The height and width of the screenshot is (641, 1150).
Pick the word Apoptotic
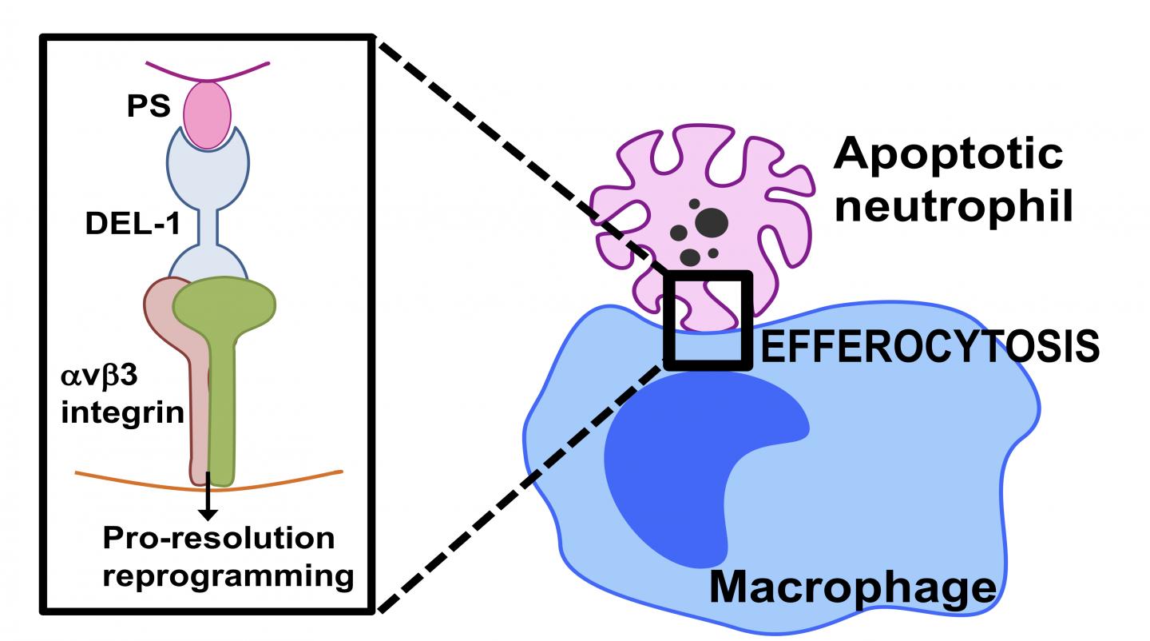(x=948, y=154)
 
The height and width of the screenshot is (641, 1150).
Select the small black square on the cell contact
(x=707, y=320)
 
